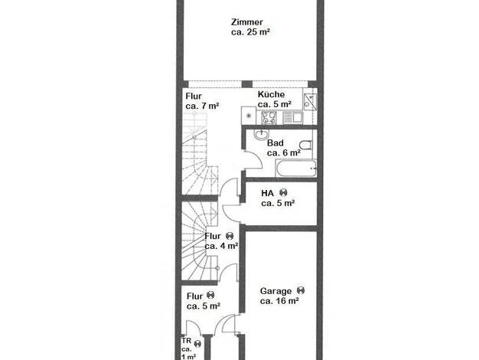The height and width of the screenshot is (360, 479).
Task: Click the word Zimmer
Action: (x=247, y=22)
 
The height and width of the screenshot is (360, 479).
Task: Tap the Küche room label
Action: (x=271, y=94)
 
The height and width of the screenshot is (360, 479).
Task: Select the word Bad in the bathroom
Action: (x=275, y=142)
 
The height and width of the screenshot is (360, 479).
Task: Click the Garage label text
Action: (x=275, y=291)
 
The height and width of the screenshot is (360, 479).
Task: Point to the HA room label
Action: (x=267, y=193)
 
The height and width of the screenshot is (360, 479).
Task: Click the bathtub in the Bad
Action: (x=295, y=168)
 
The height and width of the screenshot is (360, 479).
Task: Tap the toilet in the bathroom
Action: (x=306, y=144)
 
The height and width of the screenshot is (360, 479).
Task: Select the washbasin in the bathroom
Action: (x=261, y=134)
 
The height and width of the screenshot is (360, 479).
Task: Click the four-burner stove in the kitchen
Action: (x=269, y=117)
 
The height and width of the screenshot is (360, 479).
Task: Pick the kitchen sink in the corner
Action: (x=309, y=100)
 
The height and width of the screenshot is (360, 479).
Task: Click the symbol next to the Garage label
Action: (x=301, y=290)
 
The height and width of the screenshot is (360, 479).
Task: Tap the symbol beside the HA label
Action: (x=283, y=193)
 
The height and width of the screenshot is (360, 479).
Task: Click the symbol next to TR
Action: (x=197, y=344)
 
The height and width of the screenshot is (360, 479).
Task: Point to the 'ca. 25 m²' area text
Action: (x=250, y=32)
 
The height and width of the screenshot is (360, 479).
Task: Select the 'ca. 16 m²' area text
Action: (x=279, y=301)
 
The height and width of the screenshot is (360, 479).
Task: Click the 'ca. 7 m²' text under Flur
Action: (x=202, y=106)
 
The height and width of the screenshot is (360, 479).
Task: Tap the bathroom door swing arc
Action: (x=256, y=158)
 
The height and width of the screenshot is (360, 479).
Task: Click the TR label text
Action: (x=187, y=341)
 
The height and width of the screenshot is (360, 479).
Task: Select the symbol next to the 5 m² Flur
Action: (x=210, y=295)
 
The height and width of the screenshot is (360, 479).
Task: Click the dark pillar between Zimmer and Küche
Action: (x=247, y=84)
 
